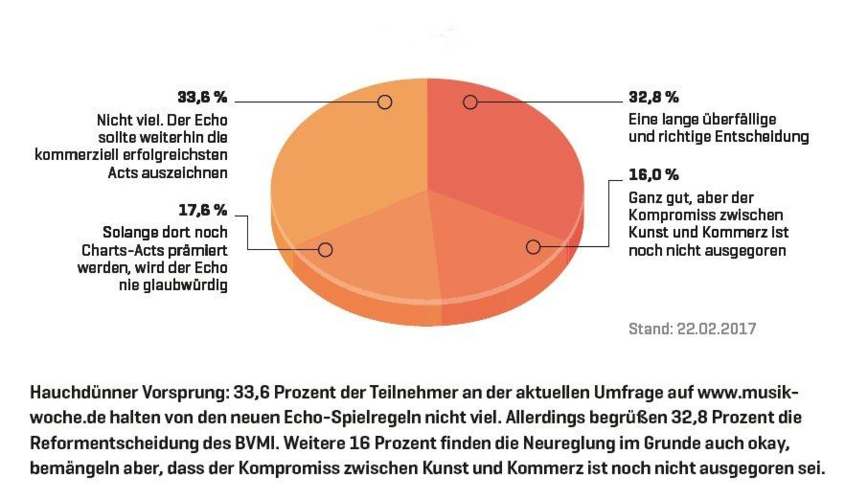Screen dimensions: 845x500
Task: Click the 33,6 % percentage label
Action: click(202, 97)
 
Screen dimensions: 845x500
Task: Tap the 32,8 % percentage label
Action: click(654, 97)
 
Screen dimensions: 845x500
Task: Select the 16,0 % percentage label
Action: click(654, 175)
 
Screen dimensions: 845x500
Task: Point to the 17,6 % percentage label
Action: click(203, 210)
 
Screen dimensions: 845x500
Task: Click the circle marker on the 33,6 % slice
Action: click(385, 102)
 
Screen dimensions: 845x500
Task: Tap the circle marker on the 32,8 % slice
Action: click(470, 102)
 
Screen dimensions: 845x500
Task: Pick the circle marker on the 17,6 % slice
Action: click(325, 249)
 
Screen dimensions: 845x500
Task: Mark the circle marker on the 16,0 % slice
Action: click(533, 247)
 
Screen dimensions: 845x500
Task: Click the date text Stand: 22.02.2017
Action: click(692, 329)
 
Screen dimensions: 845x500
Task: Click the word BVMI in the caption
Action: click(254, 443)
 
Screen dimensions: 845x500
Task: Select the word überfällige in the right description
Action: click(739, 119)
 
